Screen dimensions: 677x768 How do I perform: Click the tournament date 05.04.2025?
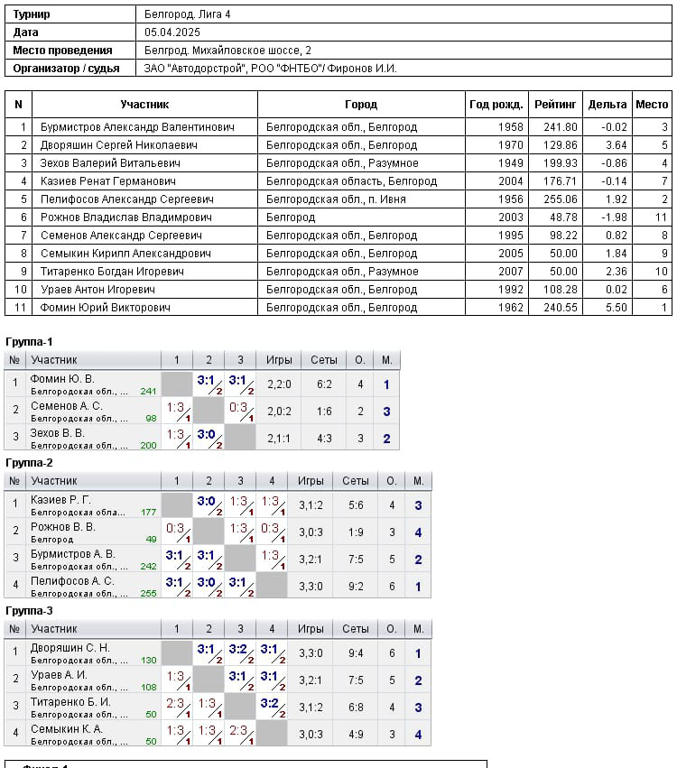click(x=172, y=32)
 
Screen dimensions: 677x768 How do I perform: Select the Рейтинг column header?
click(x=555, y=105)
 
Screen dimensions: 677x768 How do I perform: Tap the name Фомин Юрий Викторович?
click(x=106, y=308)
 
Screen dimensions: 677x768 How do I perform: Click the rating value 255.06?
click(x=561, y=199)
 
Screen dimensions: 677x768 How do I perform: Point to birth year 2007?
click(x=510, y=272)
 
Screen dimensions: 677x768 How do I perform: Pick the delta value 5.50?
click(x=617, y=308)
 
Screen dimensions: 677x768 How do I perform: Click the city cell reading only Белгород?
click(x=291, y=217)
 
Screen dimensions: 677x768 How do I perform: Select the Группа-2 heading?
click(x=29, y=463)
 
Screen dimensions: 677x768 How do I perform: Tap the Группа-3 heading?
click(x=29, y=611)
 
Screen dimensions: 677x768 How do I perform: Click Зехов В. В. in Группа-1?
click(x=57, y=433)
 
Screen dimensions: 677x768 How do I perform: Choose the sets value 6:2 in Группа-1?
click(x=324, y=384)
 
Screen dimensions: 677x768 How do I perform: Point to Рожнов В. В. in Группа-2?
click(x=62, y=527)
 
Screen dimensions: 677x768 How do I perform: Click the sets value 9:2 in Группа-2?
click(x=356, y=587)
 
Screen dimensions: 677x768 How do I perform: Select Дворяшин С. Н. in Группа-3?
click(x=70, y=648)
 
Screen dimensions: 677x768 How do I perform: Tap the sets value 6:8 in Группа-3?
click(x=356, y=708)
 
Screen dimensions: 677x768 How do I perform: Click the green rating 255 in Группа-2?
click(x=148, y=593)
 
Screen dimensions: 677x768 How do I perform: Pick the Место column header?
click(x=652, y=105)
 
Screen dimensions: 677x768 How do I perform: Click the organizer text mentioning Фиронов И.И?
click(x=271, y=69)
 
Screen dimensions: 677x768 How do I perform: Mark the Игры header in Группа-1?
click(x=279, y=360)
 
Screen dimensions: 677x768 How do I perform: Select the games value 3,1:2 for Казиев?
click(x=311, y=505)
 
